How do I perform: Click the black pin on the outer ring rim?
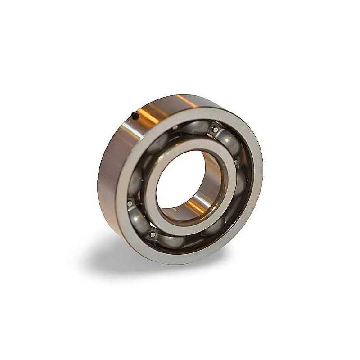(x=135, y=116)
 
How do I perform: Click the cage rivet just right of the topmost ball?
(x=216, y=130)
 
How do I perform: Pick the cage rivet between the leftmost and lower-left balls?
(x=130, y=203)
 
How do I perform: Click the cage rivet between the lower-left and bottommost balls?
(x=153, y=234)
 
